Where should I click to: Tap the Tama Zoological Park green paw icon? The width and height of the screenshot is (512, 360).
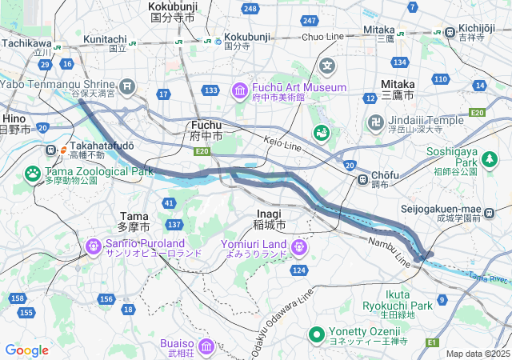[x=33, y=173]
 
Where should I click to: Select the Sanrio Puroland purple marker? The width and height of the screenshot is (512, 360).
[x=93, y=246]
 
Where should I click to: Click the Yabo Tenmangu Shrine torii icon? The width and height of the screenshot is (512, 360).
[x=127, y=86]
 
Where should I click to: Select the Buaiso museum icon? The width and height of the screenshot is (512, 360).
[x=206, y=346]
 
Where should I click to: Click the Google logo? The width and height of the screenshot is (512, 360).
[x=26, y=350]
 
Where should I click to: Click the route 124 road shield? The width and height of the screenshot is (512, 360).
[x=299, y=270]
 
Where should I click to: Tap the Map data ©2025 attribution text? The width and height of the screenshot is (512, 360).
[x=477, y=354]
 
